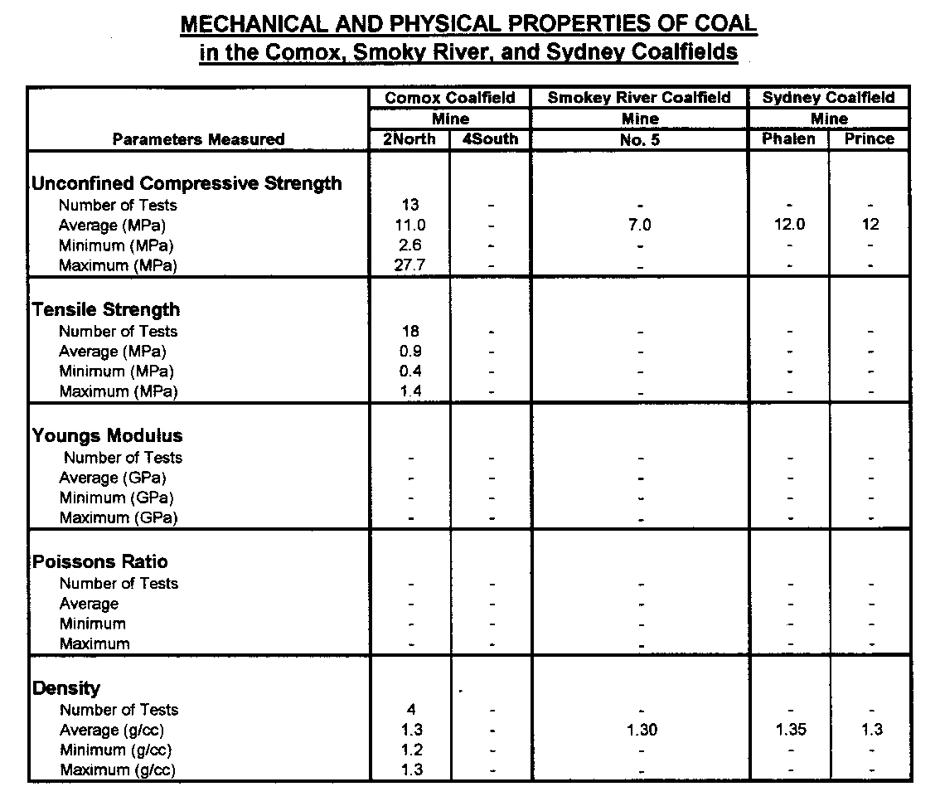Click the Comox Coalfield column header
click(x=450, y=98)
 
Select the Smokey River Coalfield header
click(x=639, y=98)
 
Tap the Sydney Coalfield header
click(x=829, y=98)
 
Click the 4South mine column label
click(x=490, y=139)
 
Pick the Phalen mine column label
click(x=788, y=139)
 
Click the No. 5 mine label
click(x=640, y=140)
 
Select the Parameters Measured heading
click(x=198, y=139)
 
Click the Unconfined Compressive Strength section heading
click(x=187, y=183)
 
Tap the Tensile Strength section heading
click(x=106, y=309)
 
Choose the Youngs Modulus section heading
click(x=108, y=435)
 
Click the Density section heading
click(x=66, y=687)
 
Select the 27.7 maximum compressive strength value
click(x=411, y=265)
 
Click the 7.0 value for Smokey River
click(x=640, y=225)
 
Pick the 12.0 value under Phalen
click(x=788, y=225)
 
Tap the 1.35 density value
click(x=788, y=730)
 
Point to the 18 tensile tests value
click(x=411, y=331)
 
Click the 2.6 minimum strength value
click(x=411, y=245)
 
